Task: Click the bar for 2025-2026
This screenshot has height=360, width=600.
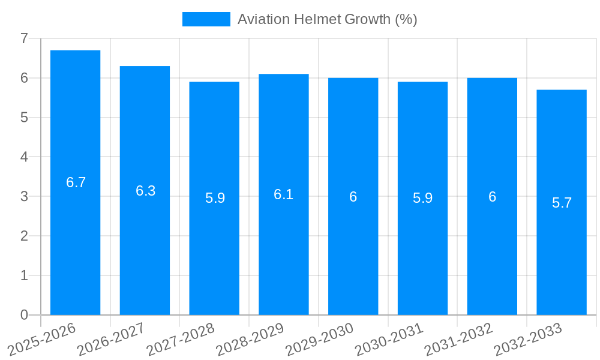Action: click(x=75, y=240)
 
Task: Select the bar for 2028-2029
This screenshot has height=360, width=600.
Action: click(x=283, y=252)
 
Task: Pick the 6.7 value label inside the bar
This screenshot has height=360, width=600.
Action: click(x=76, y=183)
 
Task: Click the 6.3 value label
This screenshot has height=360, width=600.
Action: click(x=146, y=191)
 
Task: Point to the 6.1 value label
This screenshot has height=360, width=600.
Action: click(x=284, y=194)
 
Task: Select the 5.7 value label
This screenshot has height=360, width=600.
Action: click(x=562, y=203)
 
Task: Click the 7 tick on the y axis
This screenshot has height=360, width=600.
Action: click(x=24, y=38)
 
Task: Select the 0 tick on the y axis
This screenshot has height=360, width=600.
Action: click(x=24, y=315)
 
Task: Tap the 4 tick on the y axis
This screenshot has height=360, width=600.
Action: click(x=24, y=157)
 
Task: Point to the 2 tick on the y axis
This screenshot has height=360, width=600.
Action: click(x=24, y=236)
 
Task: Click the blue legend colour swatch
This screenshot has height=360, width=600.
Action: click(x=206, y=19)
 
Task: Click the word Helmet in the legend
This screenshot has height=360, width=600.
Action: click(x=317, y=19)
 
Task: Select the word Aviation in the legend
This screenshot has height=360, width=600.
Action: click(x=263, y=19)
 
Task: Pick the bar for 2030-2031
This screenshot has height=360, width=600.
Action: click(x=422, y=252)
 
